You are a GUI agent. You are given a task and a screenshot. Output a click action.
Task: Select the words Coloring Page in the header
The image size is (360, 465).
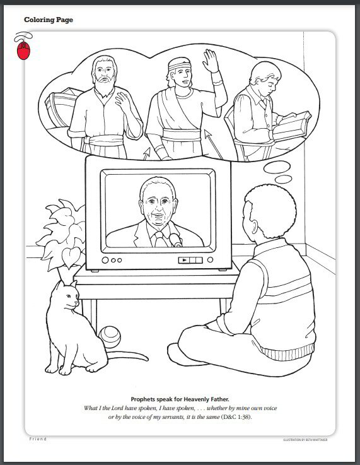(x=49, y=20)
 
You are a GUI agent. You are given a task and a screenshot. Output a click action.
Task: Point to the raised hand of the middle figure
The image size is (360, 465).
(x=211, y=62)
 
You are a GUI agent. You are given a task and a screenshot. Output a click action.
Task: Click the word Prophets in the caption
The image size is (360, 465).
(x=146, y=399)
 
